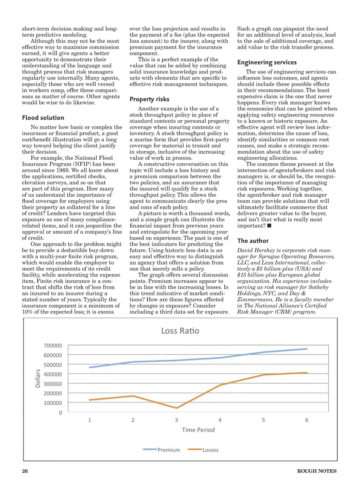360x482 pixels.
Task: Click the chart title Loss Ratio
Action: pyautogui.click(x=180, y=331)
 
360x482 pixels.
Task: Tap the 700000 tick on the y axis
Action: pyautogui.click(x=53, y=345)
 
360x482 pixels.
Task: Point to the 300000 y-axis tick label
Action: pyautogui.click(x=53, y=384)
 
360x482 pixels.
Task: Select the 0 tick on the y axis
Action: pyautogui.click(x=60, y=413)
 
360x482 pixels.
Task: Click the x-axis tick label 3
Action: pyautogui.click(x=176, y=420)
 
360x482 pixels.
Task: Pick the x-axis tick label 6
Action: pyautogui.click(x=307, y=420)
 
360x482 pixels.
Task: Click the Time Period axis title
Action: pyautogui.click(x=198, y=430)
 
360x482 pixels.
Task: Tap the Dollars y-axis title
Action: pyautogui.click(x=38, y=379)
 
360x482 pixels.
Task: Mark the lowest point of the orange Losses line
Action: pyautogui.click(x=176, y=408)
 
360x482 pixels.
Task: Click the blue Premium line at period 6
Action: pyautogui.click(x=307, y=349)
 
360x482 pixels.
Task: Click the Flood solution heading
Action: pyautogui.click(x=43, y=118)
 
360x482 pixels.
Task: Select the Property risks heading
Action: pyautogui.click(x=149, y=99)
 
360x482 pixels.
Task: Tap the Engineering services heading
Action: pyautogui.click(x=267, y=62)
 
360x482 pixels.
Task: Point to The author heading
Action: pyautogui.click(x=253, y=241)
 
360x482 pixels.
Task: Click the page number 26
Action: pyautogui.click(x=25, y=471)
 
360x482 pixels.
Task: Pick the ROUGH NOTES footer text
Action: pyautogui.click(x=317, y=471)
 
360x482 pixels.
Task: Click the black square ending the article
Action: pyautogui.click(x=269, y=226)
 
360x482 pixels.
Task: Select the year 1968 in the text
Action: pyautogui.click(x=63, y=170)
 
